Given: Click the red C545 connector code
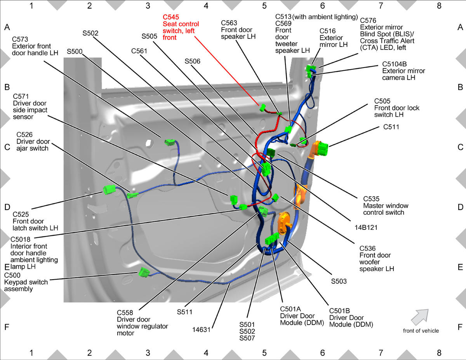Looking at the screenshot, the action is click(x=171, y=17).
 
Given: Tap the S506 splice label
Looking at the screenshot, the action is click(x=192, y=61).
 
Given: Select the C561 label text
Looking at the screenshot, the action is click(x=139, y=51).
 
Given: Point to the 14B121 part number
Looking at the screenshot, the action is click(x=366, y=228).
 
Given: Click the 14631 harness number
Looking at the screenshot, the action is click(x=201, y=330).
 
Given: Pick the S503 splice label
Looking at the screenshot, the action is click(x=339, y=281).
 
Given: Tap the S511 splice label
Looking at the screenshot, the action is click(x=184, y=312).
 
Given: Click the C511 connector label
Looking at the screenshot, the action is click(x=391, y=127).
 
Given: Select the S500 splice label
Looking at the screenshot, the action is click(x=75, y=52).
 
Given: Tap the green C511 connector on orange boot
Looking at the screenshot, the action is click(x=323, y=148).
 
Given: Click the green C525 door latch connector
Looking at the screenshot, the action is click(x=109, y=190).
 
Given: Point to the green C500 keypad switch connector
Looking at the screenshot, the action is click(x=144, y=273).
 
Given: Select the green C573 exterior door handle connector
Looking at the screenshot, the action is click(x=170, y=143).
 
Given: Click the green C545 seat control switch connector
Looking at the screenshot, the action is click(x=263, y=108).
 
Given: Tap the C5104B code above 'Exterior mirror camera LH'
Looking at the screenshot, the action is click(x=395, y=64).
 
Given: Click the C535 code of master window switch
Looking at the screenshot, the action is click(x=371, y=199).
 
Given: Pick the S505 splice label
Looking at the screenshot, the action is click(x=149, y=36).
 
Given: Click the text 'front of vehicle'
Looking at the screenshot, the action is click(x=421, y=331).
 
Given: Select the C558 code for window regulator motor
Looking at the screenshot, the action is click(x=125, y=313).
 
